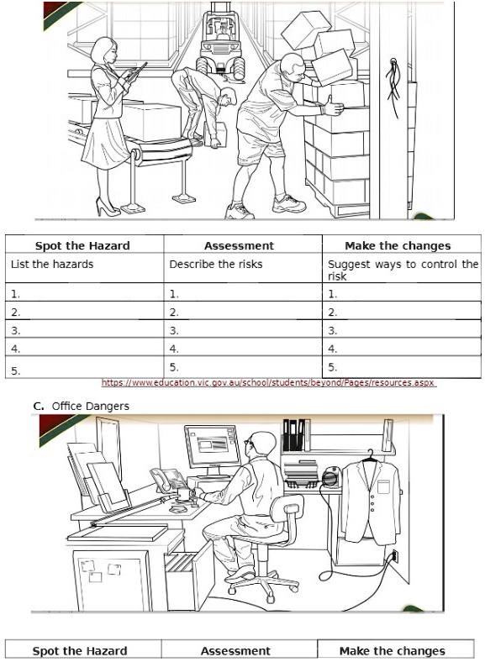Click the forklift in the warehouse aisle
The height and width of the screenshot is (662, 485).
pyautogui.click(x=219, y=50)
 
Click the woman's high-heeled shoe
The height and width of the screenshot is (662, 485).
pyautogui.click(x=107, y=206)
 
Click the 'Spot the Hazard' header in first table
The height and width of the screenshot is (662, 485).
pyautogui.click(x=82, y=246)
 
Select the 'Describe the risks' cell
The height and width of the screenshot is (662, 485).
pyautogui.click(x=215, y=265)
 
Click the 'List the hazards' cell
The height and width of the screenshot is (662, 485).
pyautogui.click(x=51, y=265)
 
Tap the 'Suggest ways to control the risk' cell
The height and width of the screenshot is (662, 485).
pyautogui.click(x=402, y=269)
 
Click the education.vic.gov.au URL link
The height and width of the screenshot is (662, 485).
pyautogui.click(x=268, y=382)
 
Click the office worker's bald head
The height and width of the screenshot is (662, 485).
pyautogui.click(x=262, y=444)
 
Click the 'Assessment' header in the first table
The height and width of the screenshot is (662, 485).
pyautogui.click(x=239, y=246)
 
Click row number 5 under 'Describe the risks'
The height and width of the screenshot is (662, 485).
pyautogui.click(x=174, y=367)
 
